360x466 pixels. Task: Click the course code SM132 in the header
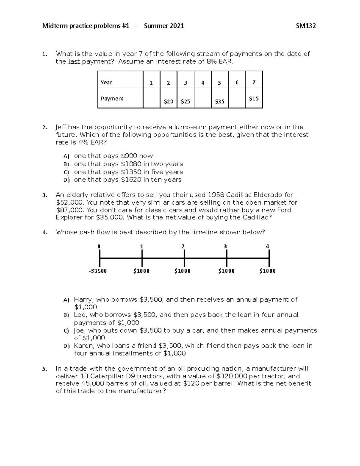[x=306, y=26]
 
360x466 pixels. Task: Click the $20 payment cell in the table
[x=168, y=101]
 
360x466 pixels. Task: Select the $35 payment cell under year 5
[x=220, y=101]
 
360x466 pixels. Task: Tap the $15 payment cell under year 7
[x=254, y=98]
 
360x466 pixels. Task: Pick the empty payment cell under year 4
[x=202, y=98]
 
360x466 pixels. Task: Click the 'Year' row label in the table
[x=106, y=83]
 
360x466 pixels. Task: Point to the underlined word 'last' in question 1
[x=74, y=62]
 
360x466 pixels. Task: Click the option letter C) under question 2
[x=66, y=172]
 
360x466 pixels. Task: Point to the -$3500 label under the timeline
[x=98, y=271]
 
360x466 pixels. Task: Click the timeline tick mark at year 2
[x=184, y=258]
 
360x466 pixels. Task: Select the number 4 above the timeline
[x=267, y=247]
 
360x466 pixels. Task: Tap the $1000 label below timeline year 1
[x=141, y=271]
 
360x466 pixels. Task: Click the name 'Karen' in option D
[x=83, y=346]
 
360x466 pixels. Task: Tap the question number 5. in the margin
[x=45, y=369]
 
